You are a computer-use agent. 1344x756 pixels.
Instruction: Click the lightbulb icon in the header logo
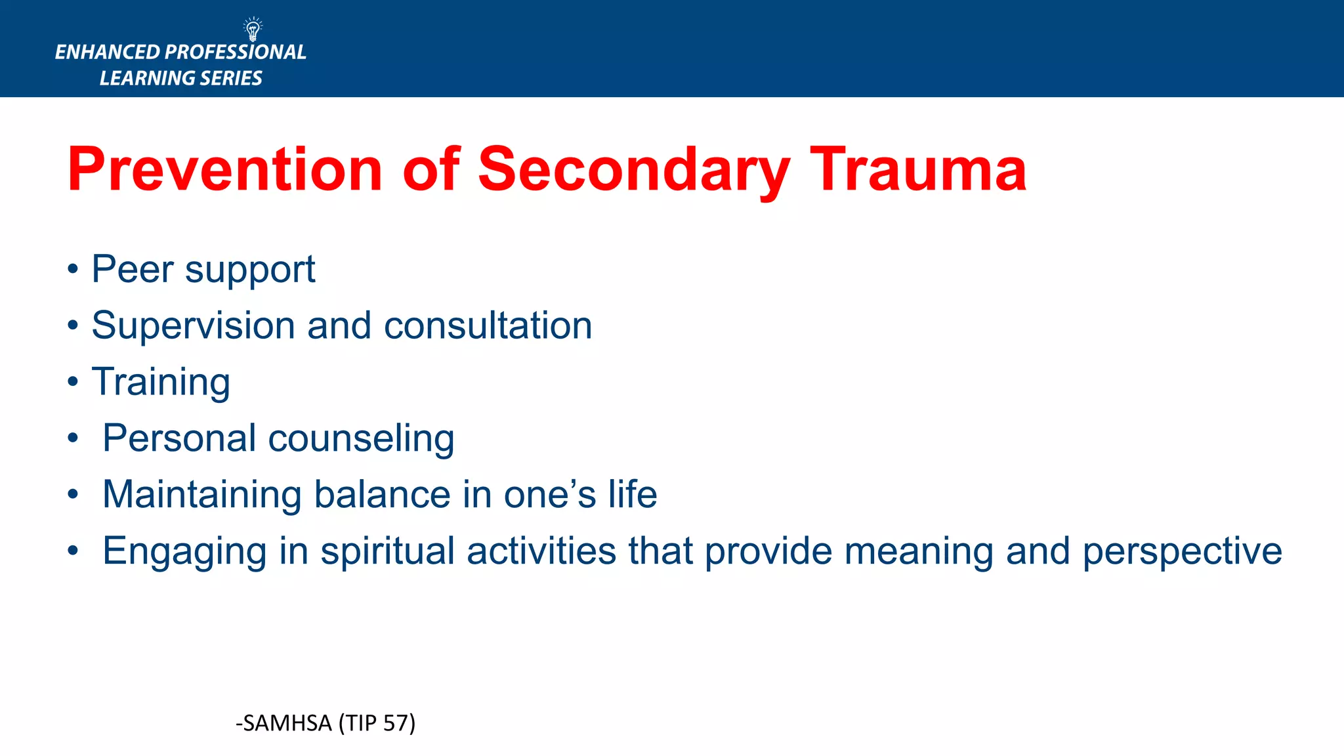pyautogui.click(x=253, y=30)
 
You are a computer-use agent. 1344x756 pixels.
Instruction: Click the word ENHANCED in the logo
pyautogui.click(x=108, y=52)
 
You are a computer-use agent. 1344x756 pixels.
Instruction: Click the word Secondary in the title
pyautogui.click(x=634, y=169)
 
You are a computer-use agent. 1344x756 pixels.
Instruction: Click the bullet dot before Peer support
pyautogui.click(x=73, y=269)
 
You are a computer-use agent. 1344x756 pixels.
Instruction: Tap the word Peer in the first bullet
pyautogui.click(x=132, y=269)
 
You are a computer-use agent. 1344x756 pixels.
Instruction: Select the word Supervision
pyautogui.click(x=193, y=325)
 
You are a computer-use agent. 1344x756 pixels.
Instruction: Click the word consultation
pyautogui.click(x=488, y=325)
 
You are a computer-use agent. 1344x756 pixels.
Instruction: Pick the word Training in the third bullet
pyautogui.click(x=161, y=382)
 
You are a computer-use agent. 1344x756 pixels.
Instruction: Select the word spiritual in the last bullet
pyautogui.click(x=387, y=551)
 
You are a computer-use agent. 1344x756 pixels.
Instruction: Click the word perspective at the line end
pyautogui.click(x=1182, y=551)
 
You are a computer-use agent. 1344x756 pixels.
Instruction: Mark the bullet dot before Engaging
pyautogui.click(x=73, y=551)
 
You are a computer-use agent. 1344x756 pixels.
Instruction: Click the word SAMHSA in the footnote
pyautogui.click(x=287, y=723)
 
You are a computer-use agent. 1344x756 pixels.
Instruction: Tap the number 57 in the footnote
pyautogui.click(x=396, y=723)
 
